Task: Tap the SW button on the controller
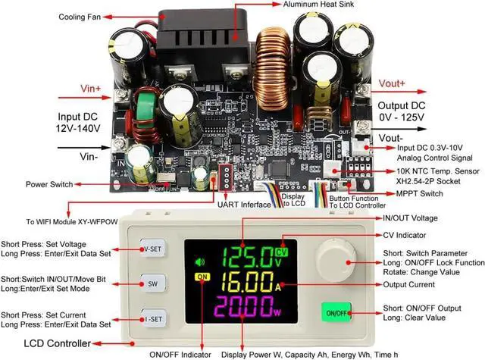[x=153, y=283]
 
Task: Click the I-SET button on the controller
[x=153, y=318]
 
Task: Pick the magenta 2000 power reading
[x=242, y=308]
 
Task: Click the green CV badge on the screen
[x=282, y=252]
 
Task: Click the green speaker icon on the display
[x=200, y=263]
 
